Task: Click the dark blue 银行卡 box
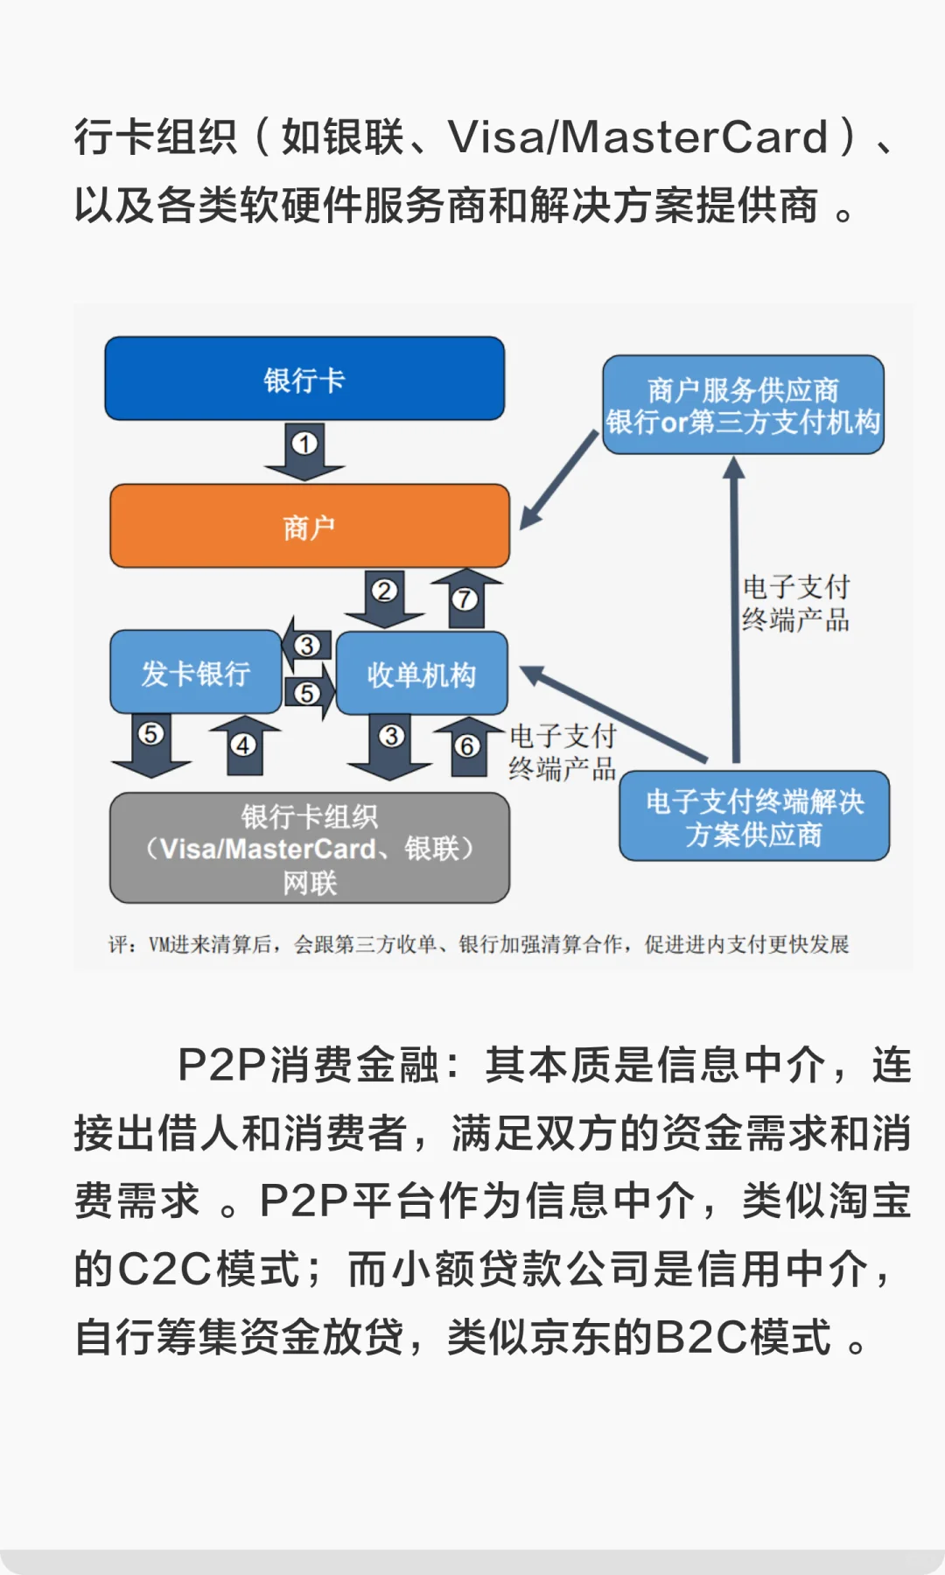click(304, 379)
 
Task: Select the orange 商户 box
click(310, 527)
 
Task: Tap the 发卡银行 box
click(196, 673)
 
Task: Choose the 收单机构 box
click(422, 674)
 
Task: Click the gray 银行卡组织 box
click(310, 848)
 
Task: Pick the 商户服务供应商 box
click(743, 405)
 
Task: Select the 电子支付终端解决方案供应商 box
click(754, 816)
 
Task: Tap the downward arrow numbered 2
click(384, 598)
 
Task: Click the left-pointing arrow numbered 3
click(304, 645)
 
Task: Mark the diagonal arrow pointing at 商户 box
click(558, 481)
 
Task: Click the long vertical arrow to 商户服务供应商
click(735, 612)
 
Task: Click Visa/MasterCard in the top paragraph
click(638, 137)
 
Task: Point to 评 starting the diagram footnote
click(118, 945)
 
